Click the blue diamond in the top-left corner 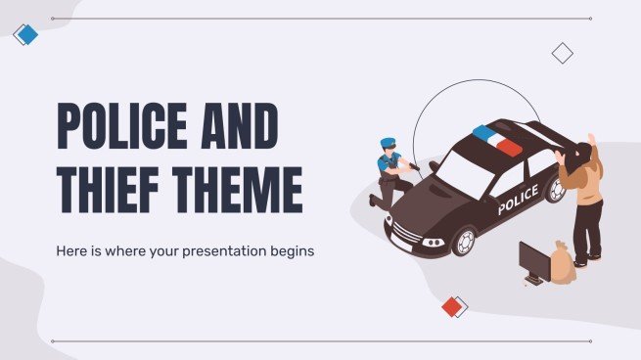pyautogui.click(x=26, y=34)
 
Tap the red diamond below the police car pyautogui.click(x=451, y=306)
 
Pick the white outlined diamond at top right pyautogui.click(x=562, y=53)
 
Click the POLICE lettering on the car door pyautogui.click(x=517, y=200)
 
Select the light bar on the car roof pyautogui.click(x=497, y=140)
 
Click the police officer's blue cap pyautogui.click(x=387, y=143)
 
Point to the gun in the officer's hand pyautogui.click(x=415, y=169)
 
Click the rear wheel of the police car pyautogui.click(x=556, y=188)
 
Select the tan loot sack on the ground pyautogui.click(x=562, y=263)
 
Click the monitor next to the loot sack pyautogui.click(x=534, y=261)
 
